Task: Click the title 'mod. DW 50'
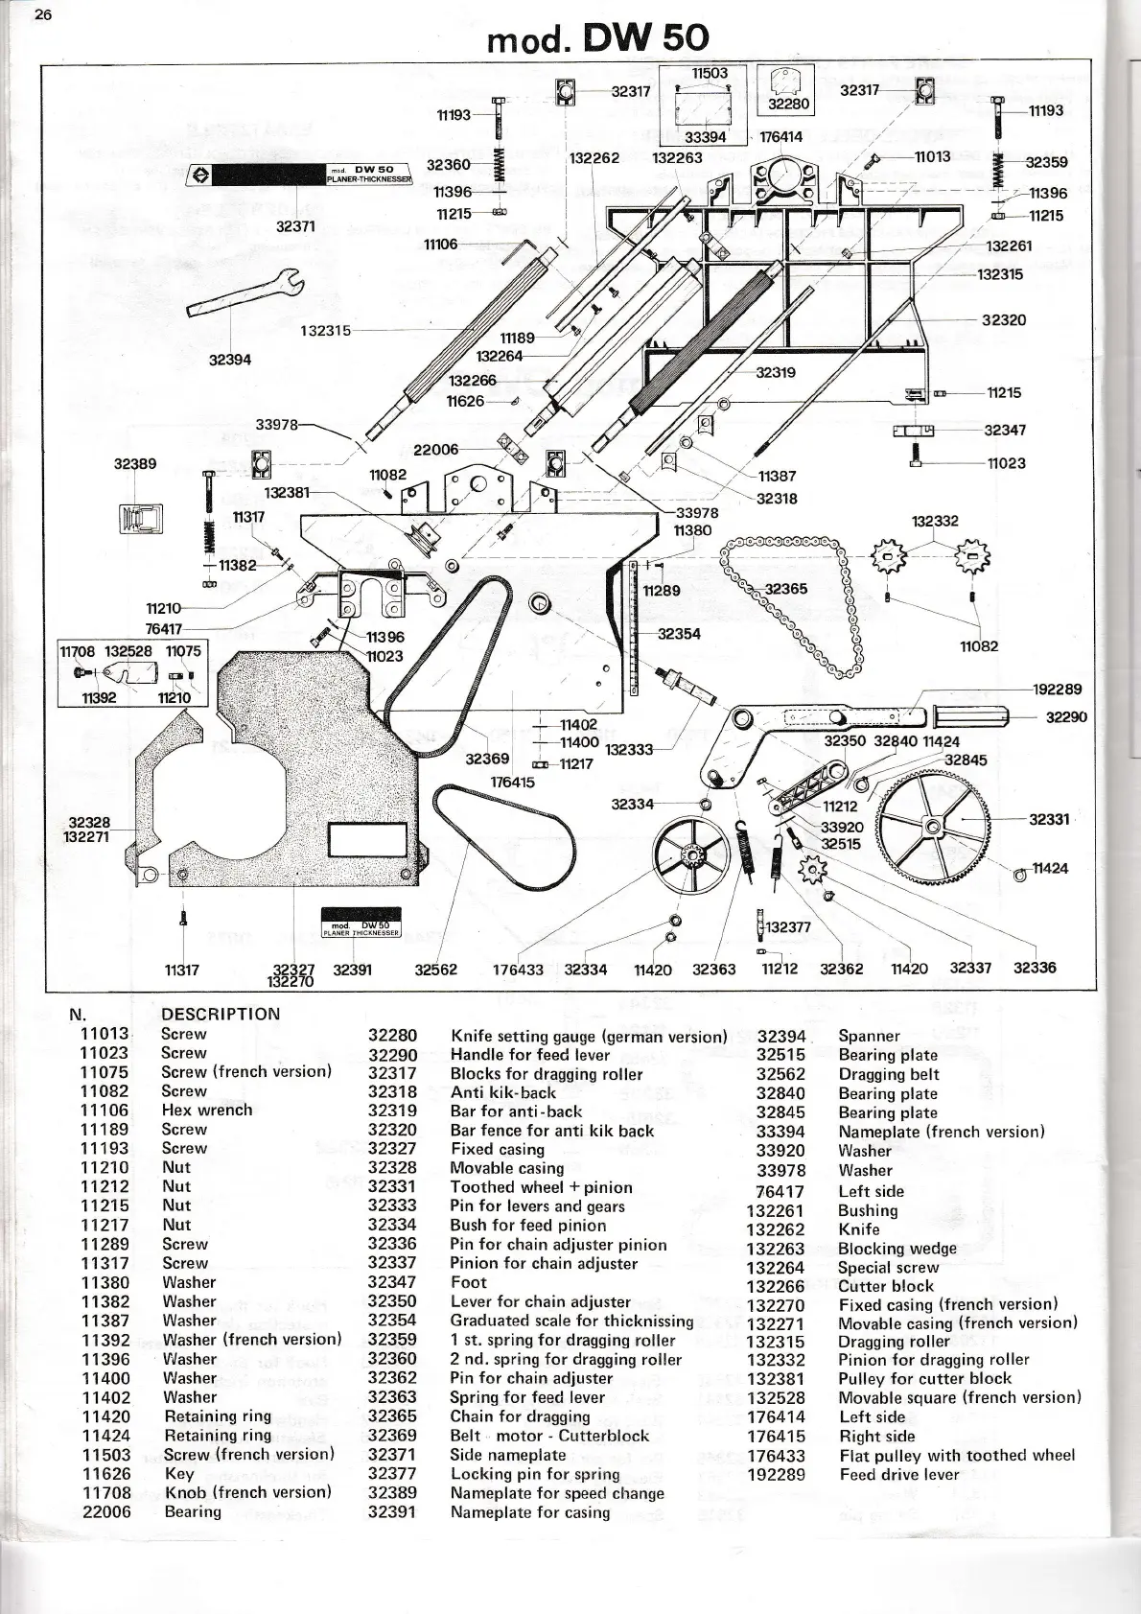[597, 38]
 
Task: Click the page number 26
[42, 13]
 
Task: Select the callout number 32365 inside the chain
[785, 589]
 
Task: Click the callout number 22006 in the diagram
[435, 450]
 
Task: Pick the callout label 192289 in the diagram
[1057, 689]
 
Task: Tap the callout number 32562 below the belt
[435, 970]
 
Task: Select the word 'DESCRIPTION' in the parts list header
[221, 1014]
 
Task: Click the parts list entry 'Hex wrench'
[207, 1110]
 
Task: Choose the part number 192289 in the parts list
[776, 1475]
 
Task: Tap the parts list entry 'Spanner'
[869, 1036]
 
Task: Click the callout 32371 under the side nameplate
[295, 226]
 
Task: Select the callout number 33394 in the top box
[706, 137]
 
